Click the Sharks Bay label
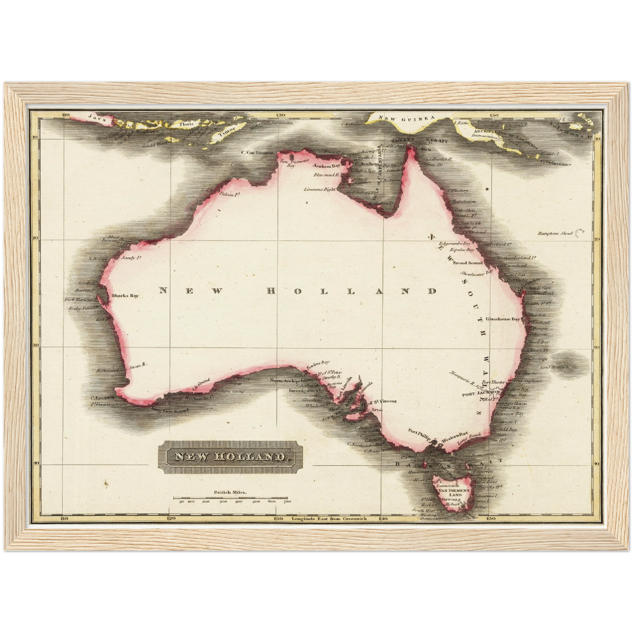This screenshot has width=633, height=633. pyautogui.click(x=125, y=296)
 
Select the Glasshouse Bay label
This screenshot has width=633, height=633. pyautogui.click(x=502, y=319)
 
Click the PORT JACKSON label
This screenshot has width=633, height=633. pyautogui.click(x=481, y=394)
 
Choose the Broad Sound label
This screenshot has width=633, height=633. pyautogui.click(x=467, y=263)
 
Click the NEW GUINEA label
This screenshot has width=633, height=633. pyautogui.click(x=406, y=118)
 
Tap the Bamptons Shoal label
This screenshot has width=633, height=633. pyautogui.click(x=555, y=233)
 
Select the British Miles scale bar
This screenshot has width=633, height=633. pyautogui.click(x=231, y=498)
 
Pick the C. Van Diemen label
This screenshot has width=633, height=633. pyautogui.click(x=257, y=153)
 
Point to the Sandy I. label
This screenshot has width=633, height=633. pyautogui.click(x=127, y=258)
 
